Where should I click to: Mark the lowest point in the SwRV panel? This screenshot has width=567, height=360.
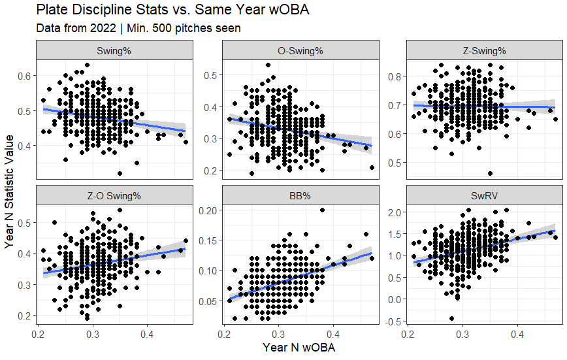(x=451, y=318)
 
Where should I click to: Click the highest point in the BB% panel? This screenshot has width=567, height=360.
(x=322, y=210)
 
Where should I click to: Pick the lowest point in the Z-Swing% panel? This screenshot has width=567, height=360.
(x=490, y=173)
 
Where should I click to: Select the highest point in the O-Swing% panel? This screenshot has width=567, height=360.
(x=268, y=65)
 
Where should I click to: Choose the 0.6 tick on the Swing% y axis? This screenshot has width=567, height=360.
(x=24, y=76)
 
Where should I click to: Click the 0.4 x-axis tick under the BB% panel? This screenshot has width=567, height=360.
(x=333, y=334)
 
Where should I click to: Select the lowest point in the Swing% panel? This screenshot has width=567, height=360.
(x=120, y=173)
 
